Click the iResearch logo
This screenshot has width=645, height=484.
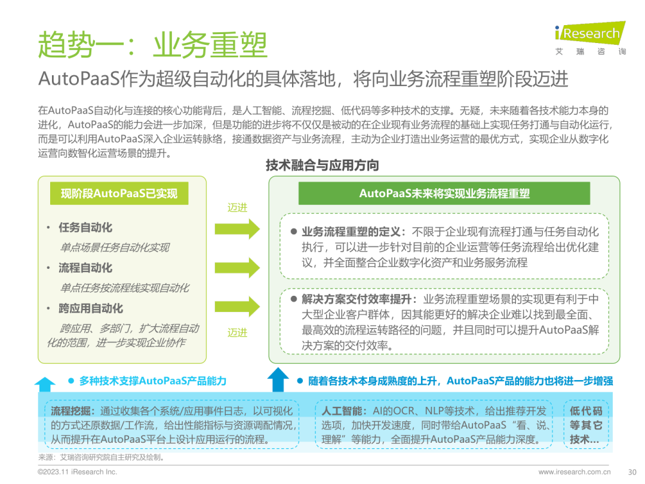(x=590, y=38)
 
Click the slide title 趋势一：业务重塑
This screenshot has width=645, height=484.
(x=153, y=44)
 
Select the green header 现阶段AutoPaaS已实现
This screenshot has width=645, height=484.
(x=119, y=194)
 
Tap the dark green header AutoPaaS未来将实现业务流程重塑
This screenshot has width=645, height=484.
(x=444, y=194)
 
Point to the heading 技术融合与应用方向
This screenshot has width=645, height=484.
(x=322, y=166)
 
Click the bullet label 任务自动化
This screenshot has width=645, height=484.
(x=85, y=228)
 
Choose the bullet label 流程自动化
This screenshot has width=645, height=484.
(x=85, y=268)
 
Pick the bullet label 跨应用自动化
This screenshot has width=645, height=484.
(x=91, y=308)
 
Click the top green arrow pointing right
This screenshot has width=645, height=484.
(x=237, y=229)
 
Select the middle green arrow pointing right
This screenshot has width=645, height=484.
(x=237, y=268)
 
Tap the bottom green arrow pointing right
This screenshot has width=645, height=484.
(x=237, y=307)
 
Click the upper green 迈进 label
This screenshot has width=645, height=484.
(x=237, y=207)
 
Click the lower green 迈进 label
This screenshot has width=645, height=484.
(x=237, y=333)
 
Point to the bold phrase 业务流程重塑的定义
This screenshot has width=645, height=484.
(x=351, y=232)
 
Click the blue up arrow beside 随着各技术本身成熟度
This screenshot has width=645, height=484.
(x=278, y=379)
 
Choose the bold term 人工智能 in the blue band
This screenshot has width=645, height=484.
(x=340, y=411)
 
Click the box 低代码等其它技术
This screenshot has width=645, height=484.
(x=586, y=425)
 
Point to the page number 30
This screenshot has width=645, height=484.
(x=632, y=472)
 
